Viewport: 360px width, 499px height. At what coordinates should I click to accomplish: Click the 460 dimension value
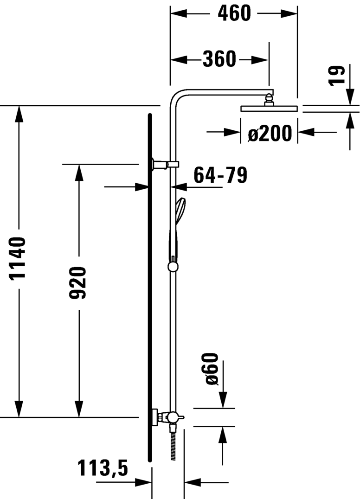click(x=234, y=13)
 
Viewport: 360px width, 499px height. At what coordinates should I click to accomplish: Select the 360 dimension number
click(x=219, y=59)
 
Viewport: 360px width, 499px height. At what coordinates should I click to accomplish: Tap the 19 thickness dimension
click(x=338, y=75)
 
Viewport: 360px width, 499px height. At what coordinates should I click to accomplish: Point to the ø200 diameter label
click(x=270, y=134)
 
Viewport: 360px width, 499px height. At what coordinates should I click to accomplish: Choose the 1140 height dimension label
click(x=18, y=258)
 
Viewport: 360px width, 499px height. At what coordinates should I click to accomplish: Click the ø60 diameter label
click(x=212, y=368)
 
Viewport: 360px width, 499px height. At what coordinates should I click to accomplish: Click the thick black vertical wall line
click(x=150, y=288)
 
